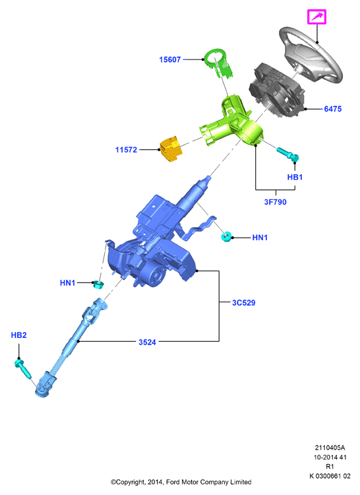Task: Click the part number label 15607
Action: tap(170, 59)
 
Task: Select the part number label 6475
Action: tap(333, 109)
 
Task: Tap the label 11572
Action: tap(126, 150)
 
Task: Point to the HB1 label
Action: tap(295, 177)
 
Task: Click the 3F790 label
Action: tap(275, 202)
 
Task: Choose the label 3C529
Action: tap(244, 303)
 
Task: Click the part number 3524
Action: tap(147, 342)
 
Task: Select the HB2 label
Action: tap(19, 335)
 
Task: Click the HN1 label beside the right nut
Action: tap(260, 238)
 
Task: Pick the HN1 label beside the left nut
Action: tap(67, 283)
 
